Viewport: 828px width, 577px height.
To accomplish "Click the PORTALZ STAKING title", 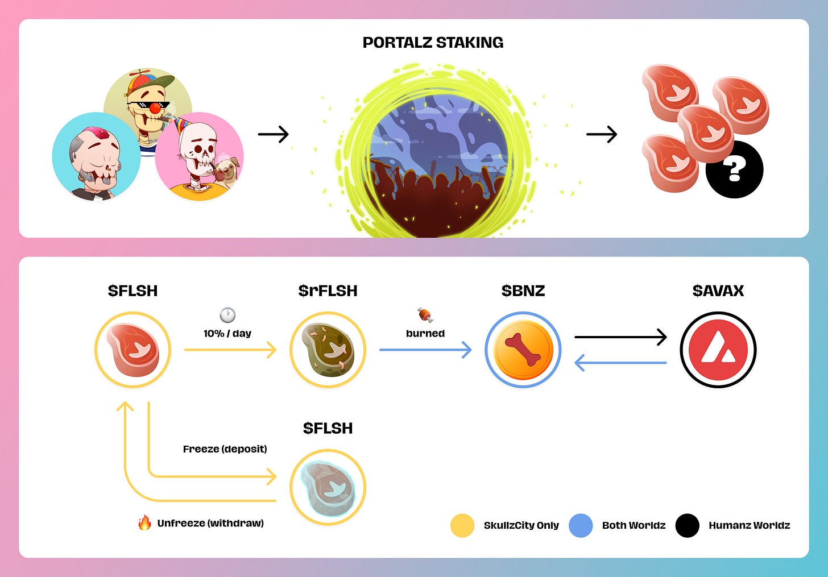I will tap(433, 43).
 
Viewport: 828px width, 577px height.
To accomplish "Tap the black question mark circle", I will tap(734, 169).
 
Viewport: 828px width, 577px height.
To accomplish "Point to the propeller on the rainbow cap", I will tap(139, 75).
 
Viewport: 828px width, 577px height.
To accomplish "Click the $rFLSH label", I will tap(328, 291).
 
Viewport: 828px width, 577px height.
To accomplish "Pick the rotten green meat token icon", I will tap(328, 350).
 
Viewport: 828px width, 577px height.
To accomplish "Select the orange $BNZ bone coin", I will tap(523, 350).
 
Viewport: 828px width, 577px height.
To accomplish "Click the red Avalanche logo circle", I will tap(718, 350).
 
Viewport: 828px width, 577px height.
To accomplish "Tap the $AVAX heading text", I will tap(718, 291).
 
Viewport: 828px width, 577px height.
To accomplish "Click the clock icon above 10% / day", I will tap(227, 315).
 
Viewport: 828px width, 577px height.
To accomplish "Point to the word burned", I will tap(425, 334).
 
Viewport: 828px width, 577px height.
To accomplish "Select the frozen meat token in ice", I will tap(328, 488).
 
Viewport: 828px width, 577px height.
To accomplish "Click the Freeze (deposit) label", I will tap(225, 449).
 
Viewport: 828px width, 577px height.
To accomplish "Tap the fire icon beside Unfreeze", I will tap(144, 522).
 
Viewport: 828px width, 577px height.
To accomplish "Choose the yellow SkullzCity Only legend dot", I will tap(462, 525).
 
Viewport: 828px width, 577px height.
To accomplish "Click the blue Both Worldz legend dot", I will tap(581, 525).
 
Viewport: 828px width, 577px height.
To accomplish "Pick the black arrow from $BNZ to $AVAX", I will tap(620, 337).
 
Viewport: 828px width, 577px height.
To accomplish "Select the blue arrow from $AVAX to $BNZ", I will tap(620, 363).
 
